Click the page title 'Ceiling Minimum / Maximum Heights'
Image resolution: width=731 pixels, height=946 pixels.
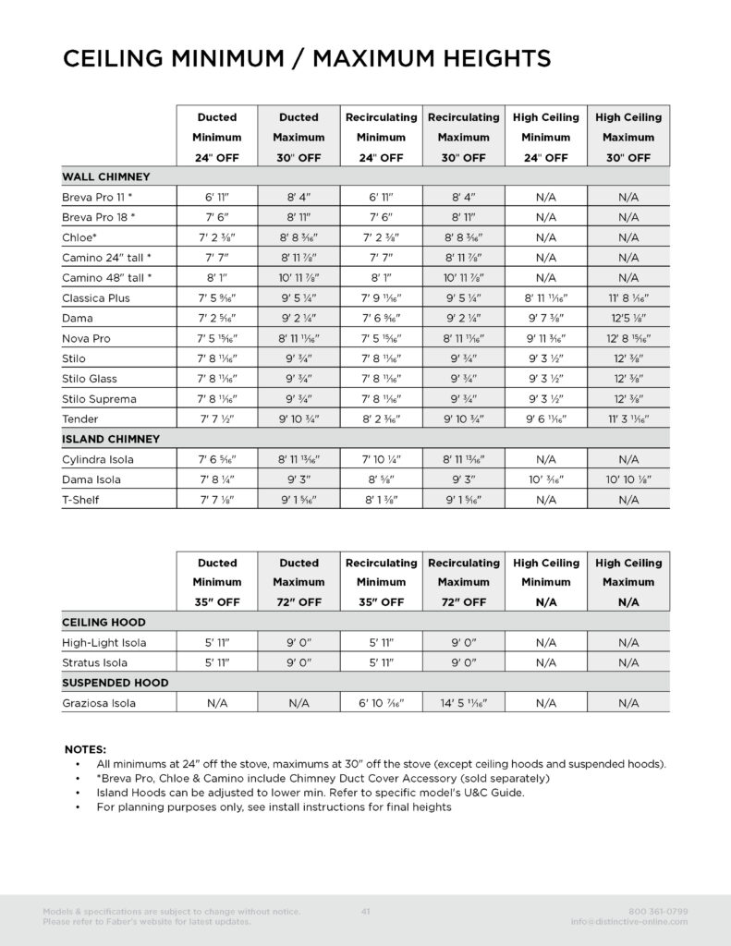(306, 59)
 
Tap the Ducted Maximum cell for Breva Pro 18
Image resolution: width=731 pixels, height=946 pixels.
(298, 218)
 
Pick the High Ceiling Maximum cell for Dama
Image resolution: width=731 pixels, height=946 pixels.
(628, 319)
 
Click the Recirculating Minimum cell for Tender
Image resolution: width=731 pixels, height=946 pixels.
(381, 419)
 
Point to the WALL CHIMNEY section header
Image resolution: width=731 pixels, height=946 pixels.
(106, 176)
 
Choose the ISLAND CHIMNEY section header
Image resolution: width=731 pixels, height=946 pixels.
(111, 440)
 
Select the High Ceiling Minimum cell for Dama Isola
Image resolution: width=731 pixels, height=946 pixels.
(545, 479)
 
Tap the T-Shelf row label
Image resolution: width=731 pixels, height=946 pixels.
(80, 500)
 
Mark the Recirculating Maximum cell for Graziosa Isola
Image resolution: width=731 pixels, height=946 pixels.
(463, 703)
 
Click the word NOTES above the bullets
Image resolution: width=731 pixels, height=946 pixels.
(85, 749)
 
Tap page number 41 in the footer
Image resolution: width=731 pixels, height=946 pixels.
(366, 912)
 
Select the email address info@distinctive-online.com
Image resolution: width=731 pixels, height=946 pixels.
(629, 922)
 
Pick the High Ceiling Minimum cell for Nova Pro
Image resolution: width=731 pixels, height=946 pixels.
(545, 339)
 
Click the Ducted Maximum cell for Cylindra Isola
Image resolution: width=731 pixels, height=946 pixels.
(298, 459)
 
